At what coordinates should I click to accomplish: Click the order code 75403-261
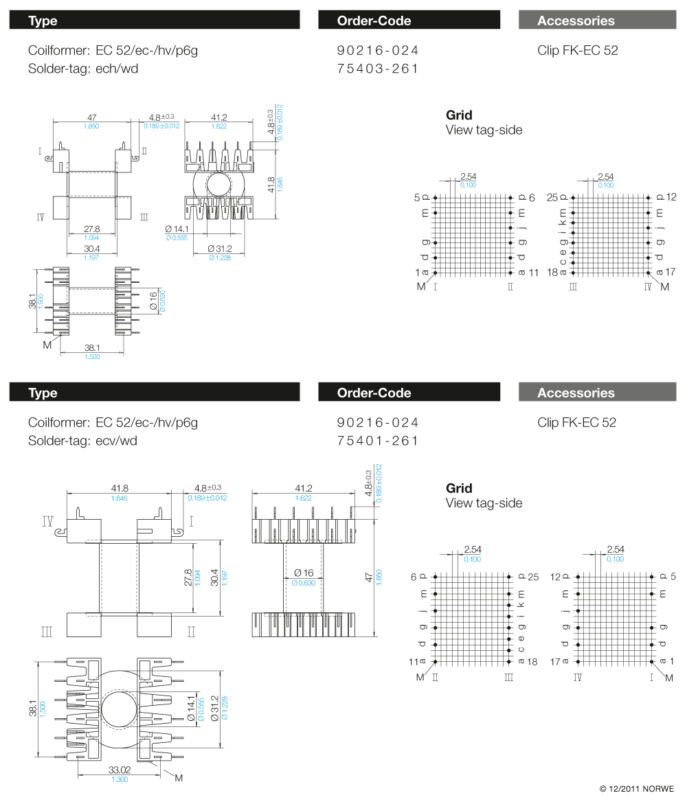(378, 69)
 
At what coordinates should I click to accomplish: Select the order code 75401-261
(378, 441)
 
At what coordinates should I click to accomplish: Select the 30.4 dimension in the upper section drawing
(92, 249)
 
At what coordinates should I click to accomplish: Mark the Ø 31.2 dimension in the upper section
(220, 249)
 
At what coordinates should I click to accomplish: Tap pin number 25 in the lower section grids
(534, 577)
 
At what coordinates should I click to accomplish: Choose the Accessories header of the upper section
(576, 21)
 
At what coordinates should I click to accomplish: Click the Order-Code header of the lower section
(374, 393)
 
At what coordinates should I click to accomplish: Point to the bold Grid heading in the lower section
(459, 488)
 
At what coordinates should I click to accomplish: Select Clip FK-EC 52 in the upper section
(577, 50)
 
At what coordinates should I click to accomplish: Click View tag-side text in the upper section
(484, 130)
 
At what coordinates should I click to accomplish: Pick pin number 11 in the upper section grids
(534, 273)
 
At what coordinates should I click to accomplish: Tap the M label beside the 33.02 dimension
(179, 778)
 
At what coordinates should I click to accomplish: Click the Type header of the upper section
(43, 21)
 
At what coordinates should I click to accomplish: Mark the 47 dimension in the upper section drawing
(91, 117)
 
